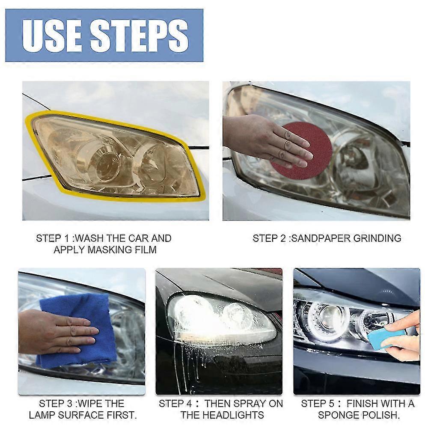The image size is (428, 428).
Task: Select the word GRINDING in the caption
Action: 377,238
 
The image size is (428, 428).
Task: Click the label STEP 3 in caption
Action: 53,404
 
